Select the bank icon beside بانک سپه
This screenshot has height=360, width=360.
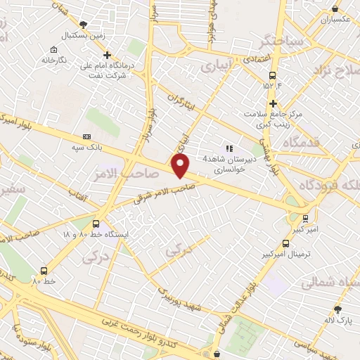pyautogui.click(x=86, y=136)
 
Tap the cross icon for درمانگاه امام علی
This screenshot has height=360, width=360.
pyautogui.click(x=107, y=55)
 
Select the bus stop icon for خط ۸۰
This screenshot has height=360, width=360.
pyautogui.click(x=44, y=271)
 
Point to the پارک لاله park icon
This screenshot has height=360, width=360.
pyautogui.click(x=338, y=309)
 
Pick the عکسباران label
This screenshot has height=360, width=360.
pyautogui.click(x=335, y=20)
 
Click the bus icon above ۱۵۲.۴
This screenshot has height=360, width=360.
pyautogui.click(x=272, y=77)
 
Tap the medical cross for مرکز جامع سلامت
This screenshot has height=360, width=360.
pyautogui.click(x=273, y=103)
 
